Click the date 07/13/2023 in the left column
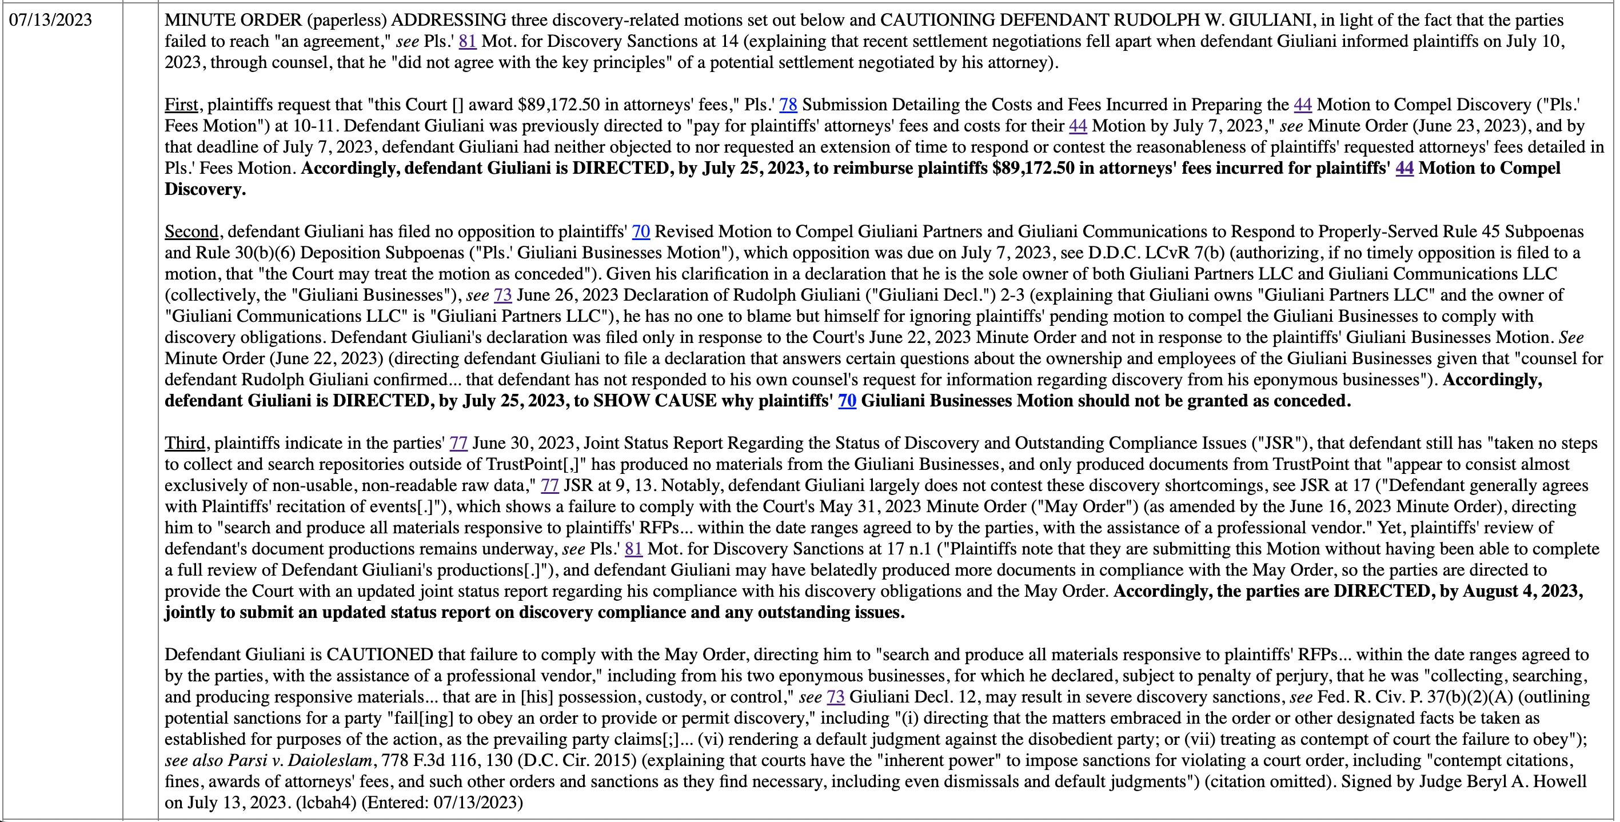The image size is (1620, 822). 50,20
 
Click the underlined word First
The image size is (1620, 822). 181,105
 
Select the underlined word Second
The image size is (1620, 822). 191,232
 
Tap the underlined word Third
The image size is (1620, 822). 185,444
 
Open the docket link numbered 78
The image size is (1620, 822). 788,105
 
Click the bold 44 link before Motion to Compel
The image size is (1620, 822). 1404,169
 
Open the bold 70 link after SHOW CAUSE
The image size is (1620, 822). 847,401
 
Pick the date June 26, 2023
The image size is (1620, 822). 568,296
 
